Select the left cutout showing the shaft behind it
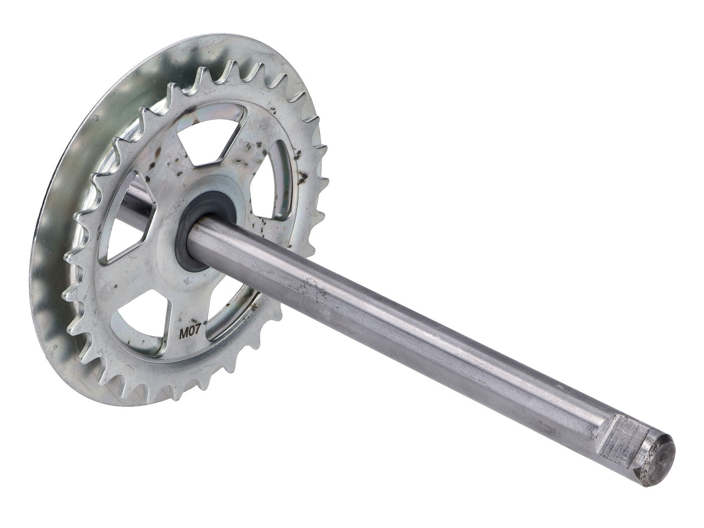128,216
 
